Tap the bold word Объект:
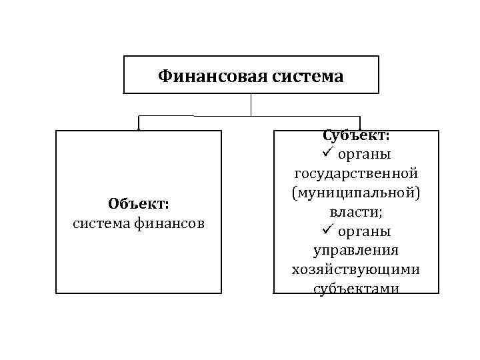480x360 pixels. tap(139, 203)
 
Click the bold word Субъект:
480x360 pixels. tap(356, 135)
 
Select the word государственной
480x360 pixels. tap(356, 173)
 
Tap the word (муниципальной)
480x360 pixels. tap(356, 193)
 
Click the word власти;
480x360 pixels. tap(356, 212)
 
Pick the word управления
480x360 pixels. tap(356, 251)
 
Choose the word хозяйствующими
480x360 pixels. tap(356, 270)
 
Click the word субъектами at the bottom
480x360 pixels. tap(356, 289)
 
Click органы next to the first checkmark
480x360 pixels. tap(364, 155)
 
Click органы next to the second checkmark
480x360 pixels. tap(364, 232)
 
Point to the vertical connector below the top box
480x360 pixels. tap(251, 105)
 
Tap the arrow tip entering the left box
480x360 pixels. tap(139, 128)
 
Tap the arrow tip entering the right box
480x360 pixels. tap(360, 127)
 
